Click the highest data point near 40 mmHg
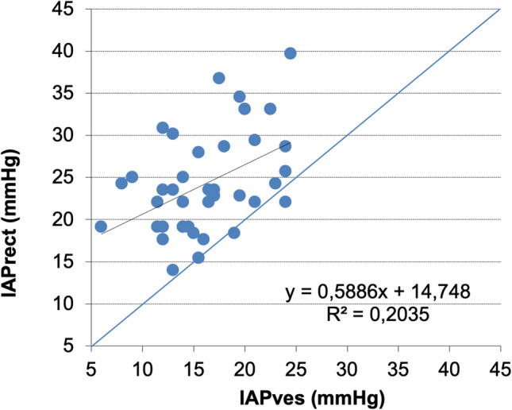point(290,53)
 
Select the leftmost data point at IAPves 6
point(101,226)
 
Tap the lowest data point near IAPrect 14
point(173,270)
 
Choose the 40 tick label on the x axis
point(449,369)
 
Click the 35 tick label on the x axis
point(398,369)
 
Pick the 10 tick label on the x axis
point(142,369)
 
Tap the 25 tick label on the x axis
point(295,369)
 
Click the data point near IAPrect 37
point(219,78)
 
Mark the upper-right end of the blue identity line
point(499,10)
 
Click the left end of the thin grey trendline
point(102,234)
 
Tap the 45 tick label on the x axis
point(500,369)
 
